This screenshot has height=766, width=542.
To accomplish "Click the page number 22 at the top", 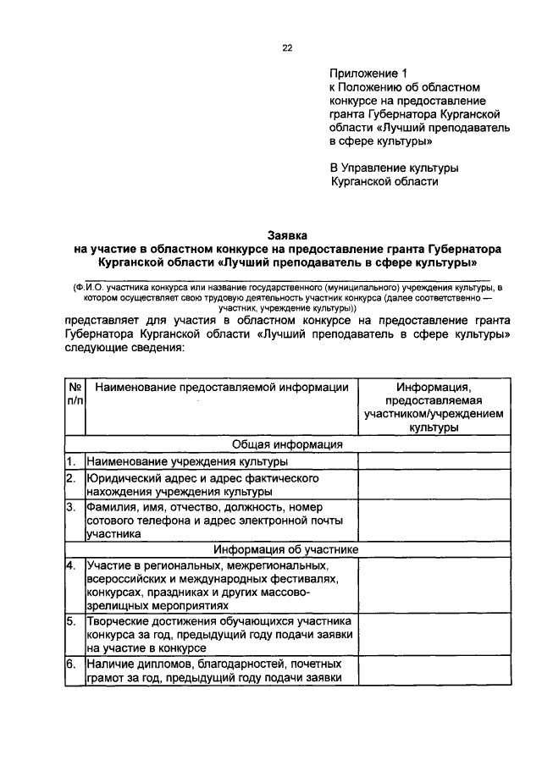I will [287, 48].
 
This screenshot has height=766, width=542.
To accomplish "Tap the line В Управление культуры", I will [394, 167].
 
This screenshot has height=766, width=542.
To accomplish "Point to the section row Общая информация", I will [287, 444].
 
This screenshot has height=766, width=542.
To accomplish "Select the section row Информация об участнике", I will [287, 549].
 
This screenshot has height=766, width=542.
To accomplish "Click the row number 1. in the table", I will [73, 462].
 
